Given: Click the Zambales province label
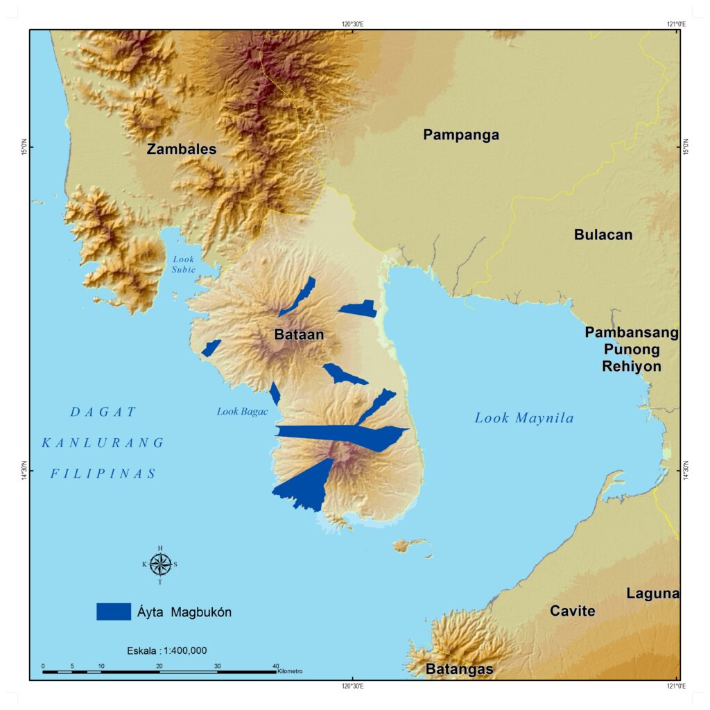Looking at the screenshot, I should click(x=182, y=149).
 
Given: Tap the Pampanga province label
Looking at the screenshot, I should click(x=461, y=135).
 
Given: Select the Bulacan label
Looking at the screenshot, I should click(x=603, y=234).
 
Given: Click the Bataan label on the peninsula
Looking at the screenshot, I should click(x=299, y=335).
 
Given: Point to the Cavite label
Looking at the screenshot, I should click(x=572, y=611).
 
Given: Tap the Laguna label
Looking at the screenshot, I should click(x=652, y=594).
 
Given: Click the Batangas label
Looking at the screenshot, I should click(x=459, y=669).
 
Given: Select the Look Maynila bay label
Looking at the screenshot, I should click(x=524, y=418).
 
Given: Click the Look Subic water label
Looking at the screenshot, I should click(x=184, y=264).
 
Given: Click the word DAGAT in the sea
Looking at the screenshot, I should click(x=104, y=412).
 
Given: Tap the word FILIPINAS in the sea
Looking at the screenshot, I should click(x=103, y=474).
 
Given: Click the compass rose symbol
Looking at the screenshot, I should click(x=160, y=564).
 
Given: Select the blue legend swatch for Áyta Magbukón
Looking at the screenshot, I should click(x=114, y=612).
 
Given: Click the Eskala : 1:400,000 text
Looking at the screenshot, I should click(x=167, y=650).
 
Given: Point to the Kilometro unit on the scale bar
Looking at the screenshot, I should click(x=290, y=671).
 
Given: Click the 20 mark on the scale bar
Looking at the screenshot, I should click(x=159, y=666).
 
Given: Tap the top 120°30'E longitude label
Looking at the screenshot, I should click(x=353, y=24).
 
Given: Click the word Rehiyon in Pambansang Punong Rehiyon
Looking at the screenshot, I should click(x=631, y=366).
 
